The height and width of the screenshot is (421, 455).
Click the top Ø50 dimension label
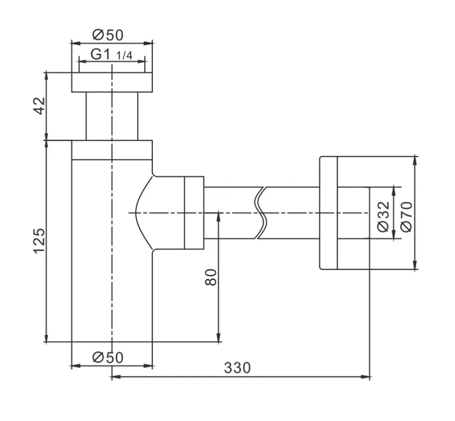click(x=108, y=35)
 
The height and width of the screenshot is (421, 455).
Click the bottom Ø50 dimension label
click(x=108, y=357)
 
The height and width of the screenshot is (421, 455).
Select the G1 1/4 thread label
click(x=111, y=54)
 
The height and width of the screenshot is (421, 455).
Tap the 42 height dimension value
click(x=40, y=106)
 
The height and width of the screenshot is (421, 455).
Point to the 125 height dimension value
click(x=39, y=241)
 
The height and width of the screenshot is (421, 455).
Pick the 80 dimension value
click(x=211, y=277)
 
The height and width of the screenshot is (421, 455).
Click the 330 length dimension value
click(x=237, y=368)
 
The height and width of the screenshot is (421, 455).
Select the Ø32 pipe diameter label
click(x=383, y=216)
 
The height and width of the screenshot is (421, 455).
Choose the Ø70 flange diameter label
click(x=407, y=216)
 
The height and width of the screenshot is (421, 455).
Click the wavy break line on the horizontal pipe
click(x=261, y=213)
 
